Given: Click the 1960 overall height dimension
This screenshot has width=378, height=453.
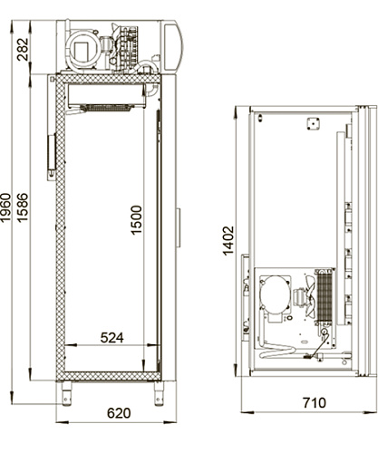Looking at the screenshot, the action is coord(5,207).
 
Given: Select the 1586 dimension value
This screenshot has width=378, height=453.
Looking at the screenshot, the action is coord(23,207).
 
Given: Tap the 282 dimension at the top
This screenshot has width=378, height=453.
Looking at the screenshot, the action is coord(23,49).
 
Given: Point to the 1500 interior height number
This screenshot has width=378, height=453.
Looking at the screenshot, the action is coord(136,219).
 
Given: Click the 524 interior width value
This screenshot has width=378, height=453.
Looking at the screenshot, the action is coord(112,338).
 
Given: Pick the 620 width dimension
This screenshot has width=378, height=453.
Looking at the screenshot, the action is coord(119,413).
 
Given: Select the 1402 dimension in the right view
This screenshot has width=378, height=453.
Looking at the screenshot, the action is coord(228,240).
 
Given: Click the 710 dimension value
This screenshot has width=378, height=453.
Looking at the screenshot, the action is coord(315,403).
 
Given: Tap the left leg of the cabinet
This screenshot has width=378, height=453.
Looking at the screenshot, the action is coord(67,393).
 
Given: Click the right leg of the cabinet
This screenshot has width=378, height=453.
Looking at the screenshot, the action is coord(159,393).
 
